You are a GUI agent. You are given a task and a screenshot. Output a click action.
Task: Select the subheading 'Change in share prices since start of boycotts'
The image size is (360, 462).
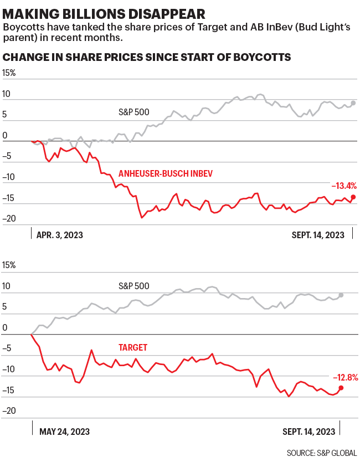click(147, 58)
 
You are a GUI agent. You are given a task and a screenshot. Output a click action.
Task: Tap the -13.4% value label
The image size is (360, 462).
click(343, 186)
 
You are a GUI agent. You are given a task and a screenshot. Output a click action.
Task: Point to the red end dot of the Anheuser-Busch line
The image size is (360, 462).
click(353, 197)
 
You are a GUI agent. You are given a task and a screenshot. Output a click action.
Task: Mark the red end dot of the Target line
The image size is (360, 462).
click(341, 388)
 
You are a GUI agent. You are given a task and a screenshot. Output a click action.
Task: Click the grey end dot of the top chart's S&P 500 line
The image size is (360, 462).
click(353, 103)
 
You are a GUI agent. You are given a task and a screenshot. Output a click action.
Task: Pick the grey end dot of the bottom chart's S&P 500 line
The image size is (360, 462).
click(341, 295)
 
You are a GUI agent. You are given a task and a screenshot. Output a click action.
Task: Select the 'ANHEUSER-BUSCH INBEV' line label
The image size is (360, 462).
click(166, 174)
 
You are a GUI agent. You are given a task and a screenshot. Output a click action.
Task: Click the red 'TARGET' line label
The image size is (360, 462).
click(133, 347)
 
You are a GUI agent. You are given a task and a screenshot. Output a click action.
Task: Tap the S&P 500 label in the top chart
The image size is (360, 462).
click(133, 112)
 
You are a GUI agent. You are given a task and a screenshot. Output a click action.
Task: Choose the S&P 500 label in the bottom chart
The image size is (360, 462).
click(133, 286)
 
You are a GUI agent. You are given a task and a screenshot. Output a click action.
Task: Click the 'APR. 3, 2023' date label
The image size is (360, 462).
click(60, 235)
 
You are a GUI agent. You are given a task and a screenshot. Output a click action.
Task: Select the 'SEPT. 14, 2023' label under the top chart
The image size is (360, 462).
click(318, 235)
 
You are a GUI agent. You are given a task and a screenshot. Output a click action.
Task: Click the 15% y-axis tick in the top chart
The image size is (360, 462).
click(9, 73)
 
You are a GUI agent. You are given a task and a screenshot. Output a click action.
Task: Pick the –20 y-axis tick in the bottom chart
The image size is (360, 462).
click(9, 411)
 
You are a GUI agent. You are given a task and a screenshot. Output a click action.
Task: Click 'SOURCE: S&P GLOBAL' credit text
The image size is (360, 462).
click(322, 453)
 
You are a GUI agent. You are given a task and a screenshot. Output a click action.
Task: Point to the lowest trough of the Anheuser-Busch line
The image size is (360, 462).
click(142, 218)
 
